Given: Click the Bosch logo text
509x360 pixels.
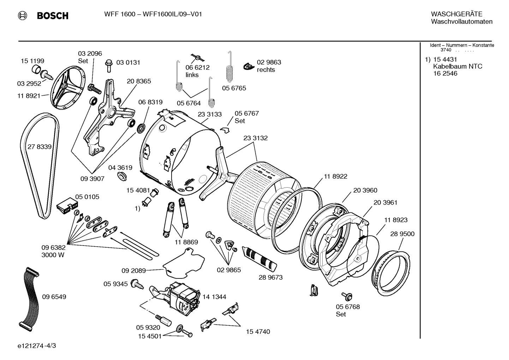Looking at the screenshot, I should [x=52, y=16].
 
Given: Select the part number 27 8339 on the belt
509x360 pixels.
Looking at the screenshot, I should [x=40, y=147].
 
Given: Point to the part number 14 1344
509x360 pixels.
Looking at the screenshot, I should [x=214, y=297].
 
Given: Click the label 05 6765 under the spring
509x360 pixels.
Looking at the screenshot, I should [x=234, y=88].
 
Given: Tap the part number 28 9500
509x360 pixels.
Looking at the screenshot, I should [x=402, y=234].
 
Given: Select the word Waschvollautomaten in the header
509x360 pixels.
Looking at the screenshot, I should [x=462, y=22].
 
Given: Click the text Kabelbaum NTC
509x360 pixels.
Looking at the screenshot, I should [x=457, y=66].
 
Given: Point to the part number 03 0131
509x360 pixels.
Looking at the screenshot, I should [x=128, y=63].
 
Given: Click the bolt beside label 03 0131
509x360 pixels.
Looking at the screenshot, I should [x=109, y=66].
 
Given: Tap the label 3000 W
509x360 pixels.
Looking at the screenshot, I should [x=53, y=255].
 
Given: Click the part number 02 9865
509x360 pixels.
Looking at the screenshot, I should [x=229, y=270].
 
